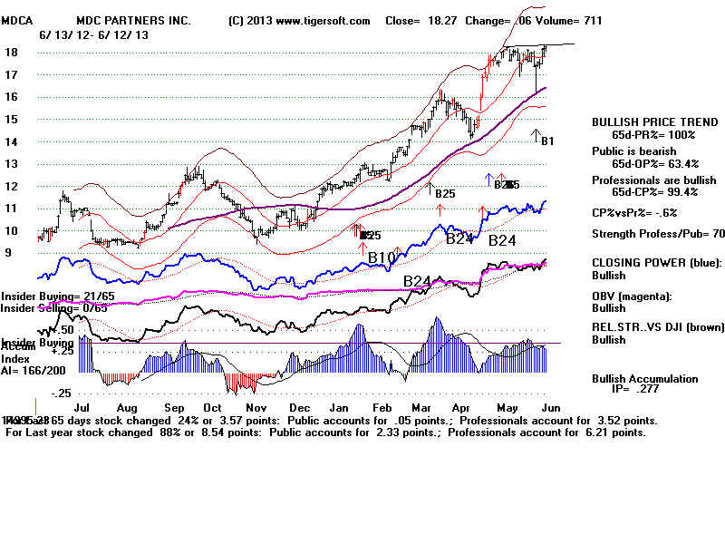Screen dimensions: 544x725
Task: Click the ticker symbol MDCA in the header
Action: click(15, 21)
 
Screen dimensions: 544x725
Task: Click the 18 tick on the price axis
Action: click(10, 53)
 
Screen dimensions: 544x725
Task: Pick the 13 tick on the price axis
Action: click(10, 164)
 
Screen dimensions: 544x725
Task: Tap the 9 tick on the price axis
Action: click(8, 252)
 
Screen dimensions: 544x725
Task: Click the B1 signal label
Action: click(546, 141)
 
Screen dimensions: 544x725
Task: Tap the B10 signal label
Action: click(382, 258)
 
